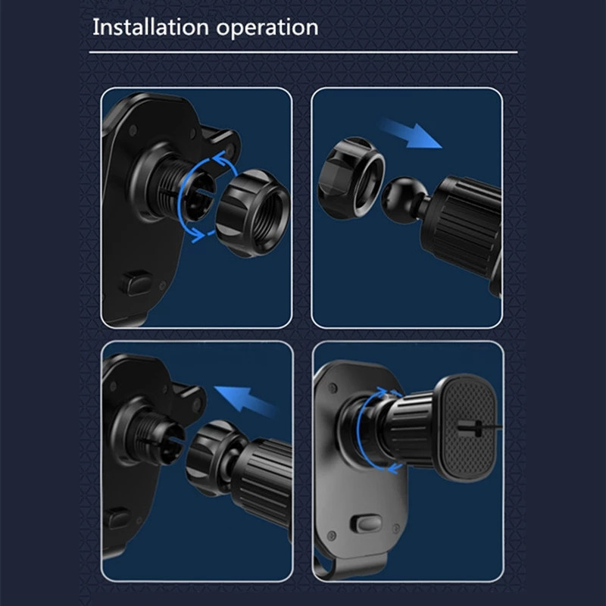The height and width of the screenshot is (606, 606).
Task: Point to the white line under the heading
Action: point(303,52)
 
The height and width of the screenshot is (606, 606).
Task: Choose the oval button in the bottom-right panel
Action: point(365,524)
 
